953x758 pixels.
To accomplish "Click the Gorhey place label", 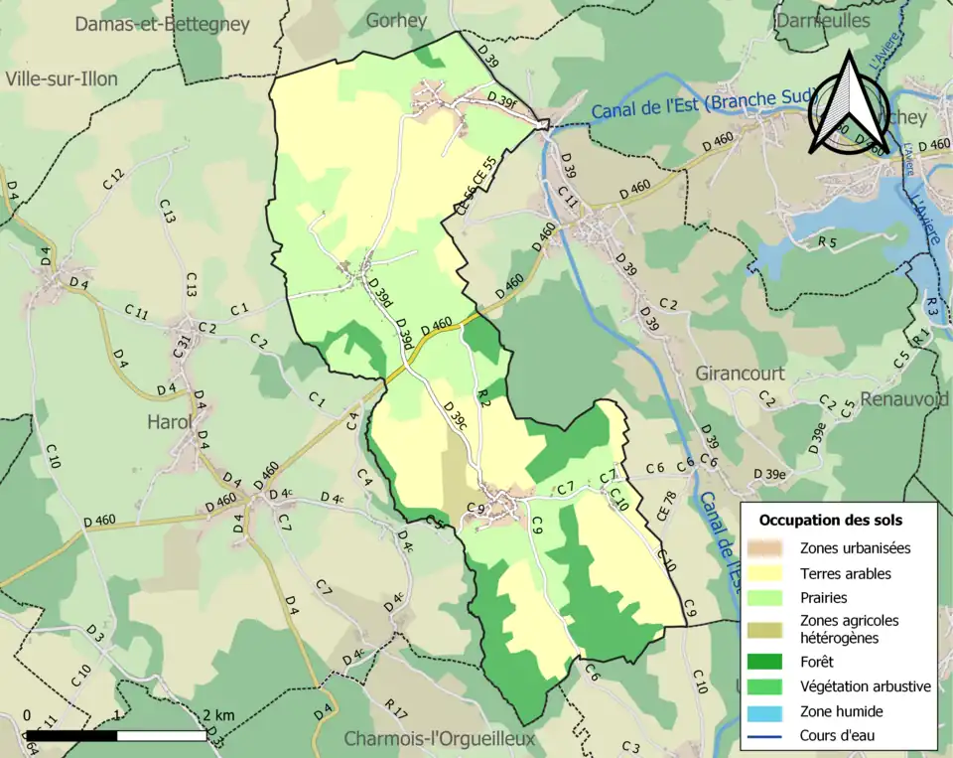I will [396, 20].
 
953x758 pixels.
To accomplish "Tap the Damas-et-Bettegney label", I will [162, 25].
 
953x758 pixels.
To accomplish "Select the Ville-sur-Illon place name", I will [61, 78].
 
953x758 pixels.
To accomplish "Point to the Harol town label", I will [169, 421].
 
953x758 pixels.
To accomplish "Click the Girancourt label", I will [740, 374].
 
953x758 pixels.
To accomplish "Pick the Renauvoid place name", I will [904, 399].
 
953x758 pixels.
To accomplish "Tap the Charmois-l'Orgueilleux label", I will [439, 739].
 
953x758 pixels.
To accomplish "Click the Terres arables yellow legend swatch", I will [773, 573].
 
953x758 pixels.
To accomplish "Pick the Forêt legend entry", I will [816, 661].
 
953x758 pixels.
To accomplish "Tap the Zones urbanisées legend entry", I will [855, 547].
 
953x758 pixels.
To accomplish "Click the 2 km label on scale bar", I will [217, 715].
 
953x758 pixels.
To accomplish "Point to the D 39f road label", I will [502, 97].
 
